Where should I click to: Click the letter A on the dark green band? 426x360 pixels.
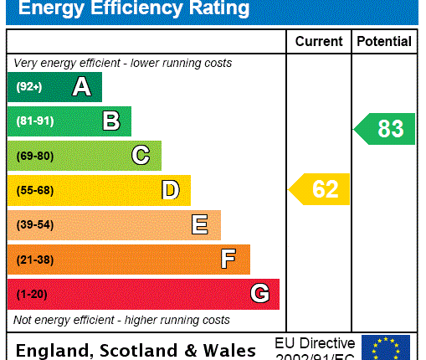pyautogui.click(x=81, y=87)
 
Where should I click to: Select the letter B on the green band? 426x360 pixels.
pyautogui.click(x=111, y=121)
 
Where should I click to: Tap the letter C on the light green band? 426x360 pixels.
pyautogui.click(x=141, y=156)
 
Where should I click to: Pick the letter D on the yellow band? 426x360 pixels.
pyautogui.click(x=170, y=191)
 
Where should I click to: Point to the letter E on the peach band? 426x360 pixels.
pyautogui.click(x=199, y=225)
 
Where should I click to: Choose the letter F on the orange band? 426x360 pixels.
pyautogui.click(x=228, y=260)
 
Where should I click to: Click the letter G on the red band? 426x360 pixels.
pyautogui.click(x=259, y=294)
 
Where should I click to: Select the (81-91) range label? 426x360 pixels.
pyautogui.click(x=34, y=121)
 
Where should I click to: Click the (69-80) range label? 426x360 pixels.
pyautogui.click(x=34, y=156)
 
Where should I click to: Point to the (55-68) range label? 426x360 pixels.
pyautogui.click(x=34, y=191)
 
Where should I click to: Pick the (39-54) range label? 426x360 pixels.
pyautogui.click(x=34, y=225)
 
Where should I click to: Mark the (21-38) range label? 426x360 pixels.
pyautogui.click(x=34, y=260)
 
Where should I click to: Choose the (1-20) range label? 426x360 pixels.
pyautogui.click(x=32, y=294)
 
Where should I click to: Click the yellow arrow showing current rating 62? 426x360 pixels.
pyautogui.click(x=320, y=190)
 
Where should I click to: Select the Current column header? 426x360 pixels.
pyautogui.click(x=319, y=41)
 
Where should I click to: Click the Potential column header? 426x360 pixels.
pyautogui.click(x=384, y=41)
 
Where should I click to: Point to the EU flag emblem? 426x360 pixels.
pyautogui.click(x=386, y=347)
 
